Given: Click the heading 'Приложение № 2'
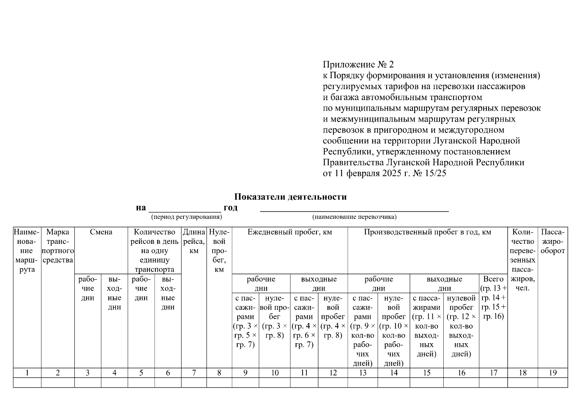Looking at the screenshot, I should [x=358, y=65].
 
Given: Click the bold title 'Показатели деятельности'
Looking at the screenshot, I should [x=290, y=197].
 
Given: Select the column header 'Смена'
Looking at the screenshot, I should [x=101, y=232].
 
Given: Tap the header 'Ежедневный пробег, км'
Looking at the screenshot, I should [x=290, y=232].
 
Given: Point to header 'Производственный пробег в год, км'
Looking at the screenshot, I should [x=427, y=232].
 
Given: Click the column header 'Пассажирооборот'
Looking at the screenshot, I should [x=553, y=241].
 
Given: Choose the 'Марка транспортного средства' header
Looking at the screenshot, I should [x=58, y=246].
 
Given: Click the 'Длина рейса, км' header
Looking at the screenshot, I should [x=194, y=241].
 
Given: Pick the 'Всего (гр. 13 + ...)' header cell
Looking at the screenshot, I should [x=493, y=297].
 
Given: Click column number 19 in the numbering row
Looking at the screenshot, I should [x=553, y=373].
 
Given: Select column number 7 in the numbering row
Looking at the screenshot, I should [x=194, y=373].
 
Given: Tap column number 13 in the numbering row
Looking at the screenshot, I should [x=363, y=373].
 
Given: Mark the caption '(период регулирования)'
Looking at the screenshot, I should [x=186, y=217].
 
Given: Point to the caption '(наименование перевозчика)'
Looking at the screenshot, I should [x=354, y=217].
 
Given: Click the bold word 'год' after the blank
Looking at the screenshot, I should [x=230, y=208].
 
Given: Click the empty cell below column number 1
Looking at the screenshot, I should [x=27, y=383].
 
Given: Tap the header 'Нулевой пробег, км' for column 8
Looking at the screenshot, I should [x=219, y=251].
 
